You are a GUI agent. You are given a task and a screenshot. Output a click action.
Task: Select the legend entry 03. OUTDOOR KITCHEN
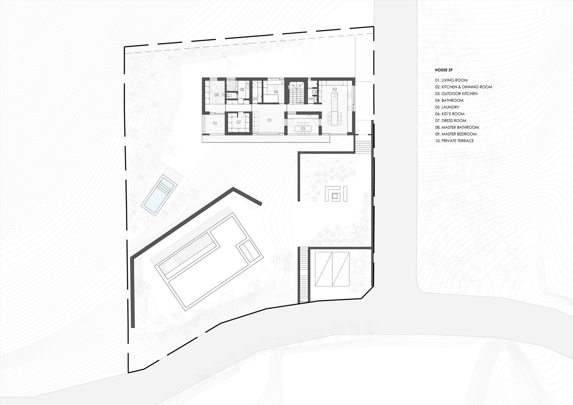(x=456, y=94)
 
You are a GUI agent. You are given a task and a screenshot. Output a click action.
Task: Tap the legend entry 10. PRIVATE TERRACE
(x=454, y=141)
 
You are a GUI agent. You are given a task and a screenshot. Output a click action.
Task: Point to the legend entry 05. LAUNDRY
(x=447, y=107)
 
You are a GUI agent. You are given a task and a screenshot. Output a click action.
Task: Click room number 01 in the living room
(x=269, y=120)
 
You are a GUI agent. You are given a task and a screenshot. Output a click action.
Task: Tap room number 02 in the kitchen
(x=335, y=89)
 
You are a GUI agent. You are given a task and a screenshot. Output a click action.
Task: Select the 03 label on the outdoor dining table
(x=303, y=129)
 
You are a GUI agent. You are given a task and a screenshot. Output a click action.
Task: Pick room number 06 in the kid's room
(x=276, y=92)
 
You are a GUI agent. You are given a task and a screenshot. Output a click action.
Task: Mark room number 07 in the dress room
(x=239, y=122)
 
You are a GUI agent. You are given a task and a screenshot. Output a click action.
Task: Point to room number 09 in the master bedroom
(x=217, y=95)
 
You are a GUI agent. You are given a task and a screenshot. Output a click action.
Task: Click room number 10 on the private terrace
(x=215, y=123)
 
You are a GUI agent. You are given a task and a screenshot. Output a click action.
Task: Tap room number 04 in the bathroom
(x=311, y=99)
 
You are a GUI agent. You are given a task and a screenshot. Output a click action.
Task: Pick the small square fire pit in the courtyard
(x=335, y=196)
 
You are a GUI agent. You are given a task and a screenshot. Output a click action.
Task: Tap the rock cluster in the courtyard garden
(x=351, y=229)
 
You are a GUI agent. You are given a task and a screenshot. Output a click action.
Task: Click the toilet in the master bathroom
(x=229, y=95)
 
